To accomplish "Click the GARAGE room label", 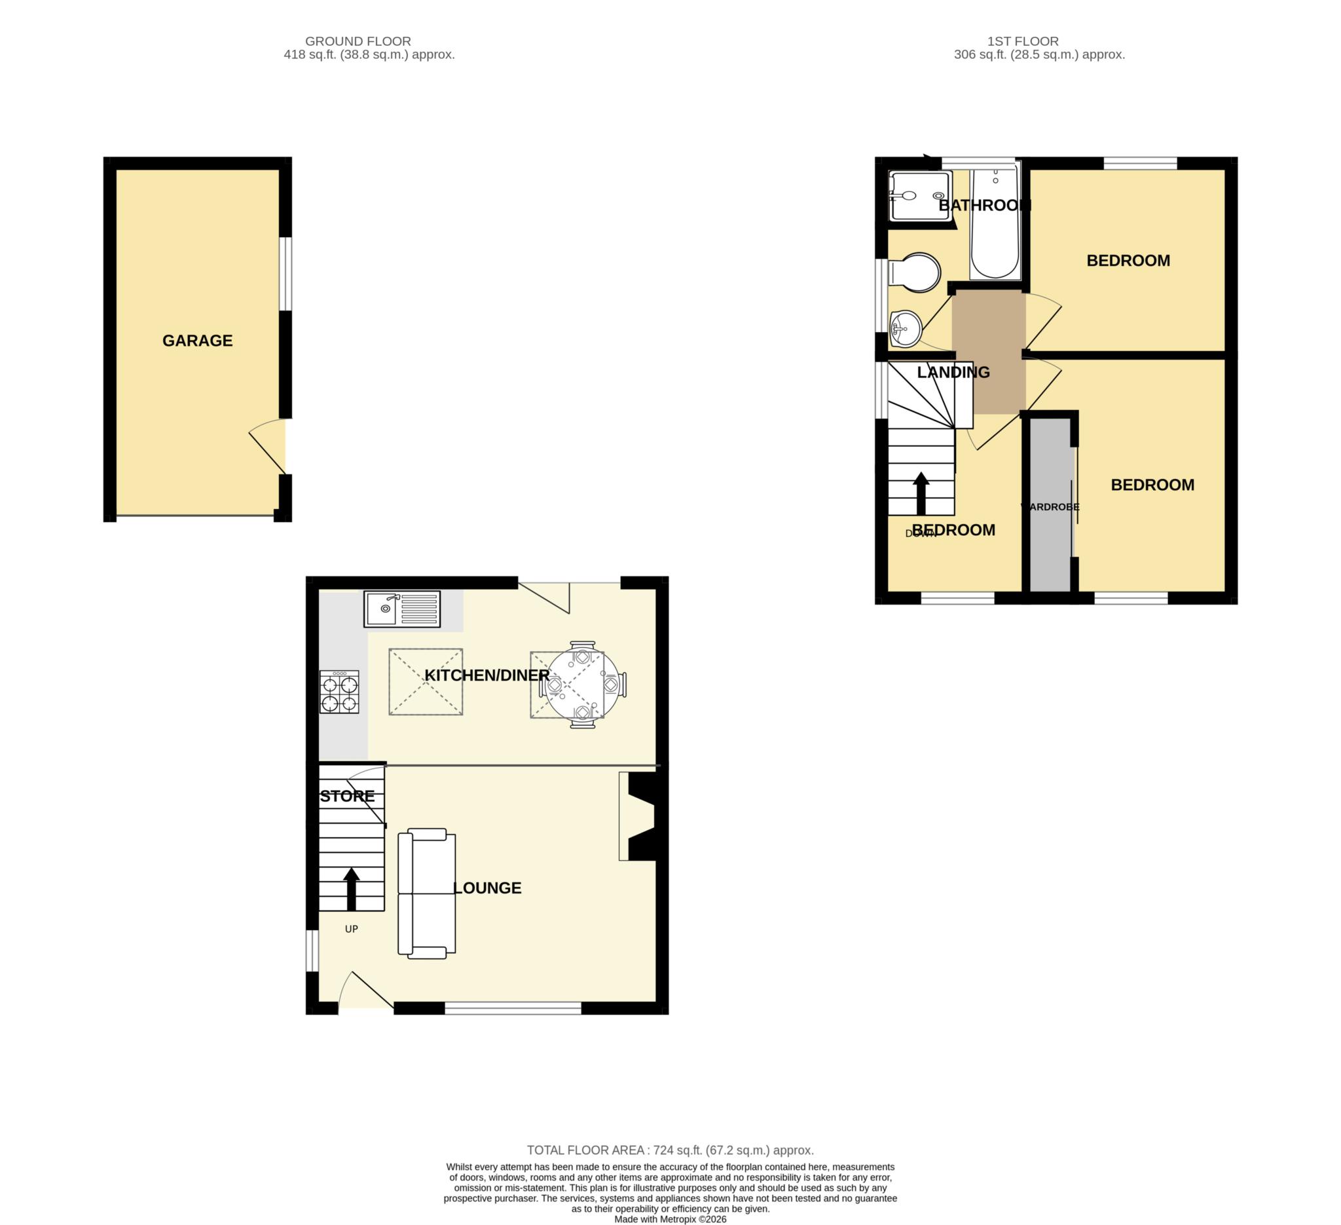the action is click(x=198, y=341).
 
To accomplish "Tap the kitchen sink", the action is click(x=402, y=609).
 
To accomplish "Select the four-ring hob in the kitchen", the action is click(x=339, y=692).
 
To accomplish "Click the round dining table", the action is click(x=583, y=685).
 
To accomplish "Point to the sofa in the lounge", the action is click(x=426, y=894).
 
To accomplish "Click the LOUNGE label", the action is click(x=487, y=888).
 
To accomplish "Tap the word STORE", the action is click(x=347, y=796).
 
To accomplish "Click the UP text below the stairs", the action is click(x=351, y=929).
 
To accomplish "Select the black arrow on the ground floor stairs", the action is click(x=351, y=889).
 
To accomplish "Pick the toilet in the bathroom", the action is click(x=915, y=272).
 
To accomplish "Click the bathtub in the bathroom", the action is click(x=995, y=224).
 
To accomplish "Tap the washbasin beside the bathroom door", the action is click(x=906, y=329).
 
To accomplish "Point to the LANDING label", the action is click(x=953, y=373).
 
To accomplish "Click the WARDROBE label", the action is click(x=1050, y=507).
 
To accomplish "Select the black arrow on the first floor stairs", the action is click(x=921, y=494).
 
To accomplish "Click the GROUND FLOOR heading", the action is click(x=358, y=41).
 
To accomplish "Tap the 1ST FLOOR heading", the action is click(x=1023, y=41).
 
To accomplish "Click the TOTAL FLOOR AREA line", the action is click(x=670, y=1150).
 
